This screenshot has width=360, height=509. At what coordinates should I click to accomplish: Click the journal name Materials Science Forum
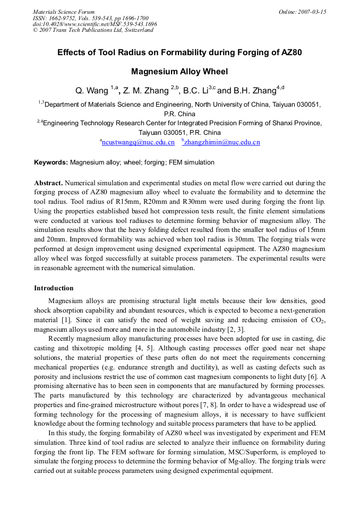point(64,12)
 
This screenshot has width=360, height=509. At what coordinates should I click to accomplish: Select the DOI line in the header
point(95,24)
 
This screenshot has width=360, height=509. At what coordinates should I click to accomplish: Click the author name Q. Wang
point(92,91)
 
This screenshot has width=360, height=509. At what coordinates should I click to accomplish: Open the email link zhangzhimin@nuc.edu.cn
point(222,142)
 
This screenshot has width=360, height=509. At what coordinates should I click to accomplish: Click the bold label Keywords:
point(51,162)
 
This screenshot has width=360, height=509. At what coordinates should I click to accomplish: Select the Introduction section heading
point(54,288)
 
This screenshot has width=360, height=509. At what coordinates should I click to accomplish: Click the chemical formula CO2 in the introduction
point(316,321)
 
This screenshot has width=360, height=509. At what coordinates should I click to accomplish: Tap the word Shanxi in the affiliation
point(276,123)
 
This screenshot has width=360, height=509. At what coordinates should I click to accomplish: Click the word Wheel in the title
point(217,72)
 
